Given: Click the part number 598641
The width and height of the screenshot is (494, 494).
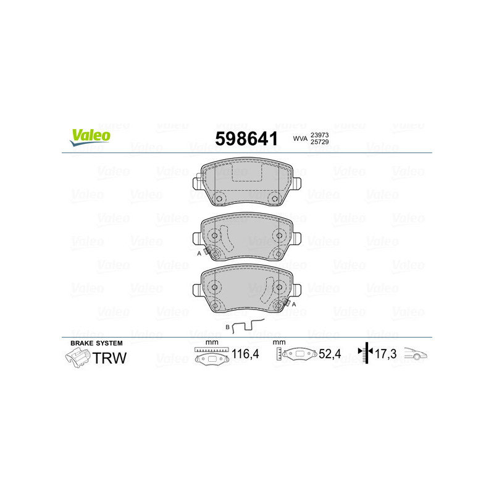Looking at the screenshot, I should [x=246, y=139].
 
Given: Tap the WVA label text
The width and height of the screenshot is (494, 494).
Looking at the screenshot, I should [x=300, y=140].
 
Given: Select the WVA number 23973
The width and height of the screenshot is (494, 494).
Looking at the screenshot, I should [x=319, y=135].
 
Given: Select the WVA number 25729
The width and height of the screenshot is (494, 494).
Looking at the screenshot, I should [x=319, y=143].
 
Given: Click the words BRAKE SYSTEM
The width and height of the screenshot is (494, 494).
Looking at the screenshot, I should [x=96, y=343].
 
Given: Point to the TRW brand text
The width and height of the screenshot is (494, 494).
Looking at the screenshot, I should [x=110, y=358].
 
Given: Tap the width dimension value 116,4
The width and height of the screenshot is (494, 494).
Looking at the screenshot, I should [x=244, y=355].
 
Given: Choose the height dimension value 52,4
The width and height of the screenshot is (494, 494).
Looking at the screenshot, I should [x=330, y=355].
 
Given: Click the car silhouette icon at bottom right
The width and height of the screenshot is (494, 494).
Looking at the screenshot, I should [x=416, y=354].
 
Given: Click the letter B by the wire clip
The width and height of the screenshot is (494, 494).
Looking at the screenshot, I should [x=227, y=326].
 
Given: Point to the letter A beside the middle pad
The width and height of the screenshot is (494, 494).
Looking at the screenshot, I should [x=199, y=253].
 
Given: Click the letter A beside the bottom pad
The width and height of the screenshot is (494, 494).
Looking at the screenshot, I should [x=294, y=304].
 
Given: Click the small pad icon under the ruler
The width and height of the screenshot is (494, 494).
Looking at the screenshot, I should [x=210, y=360].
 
